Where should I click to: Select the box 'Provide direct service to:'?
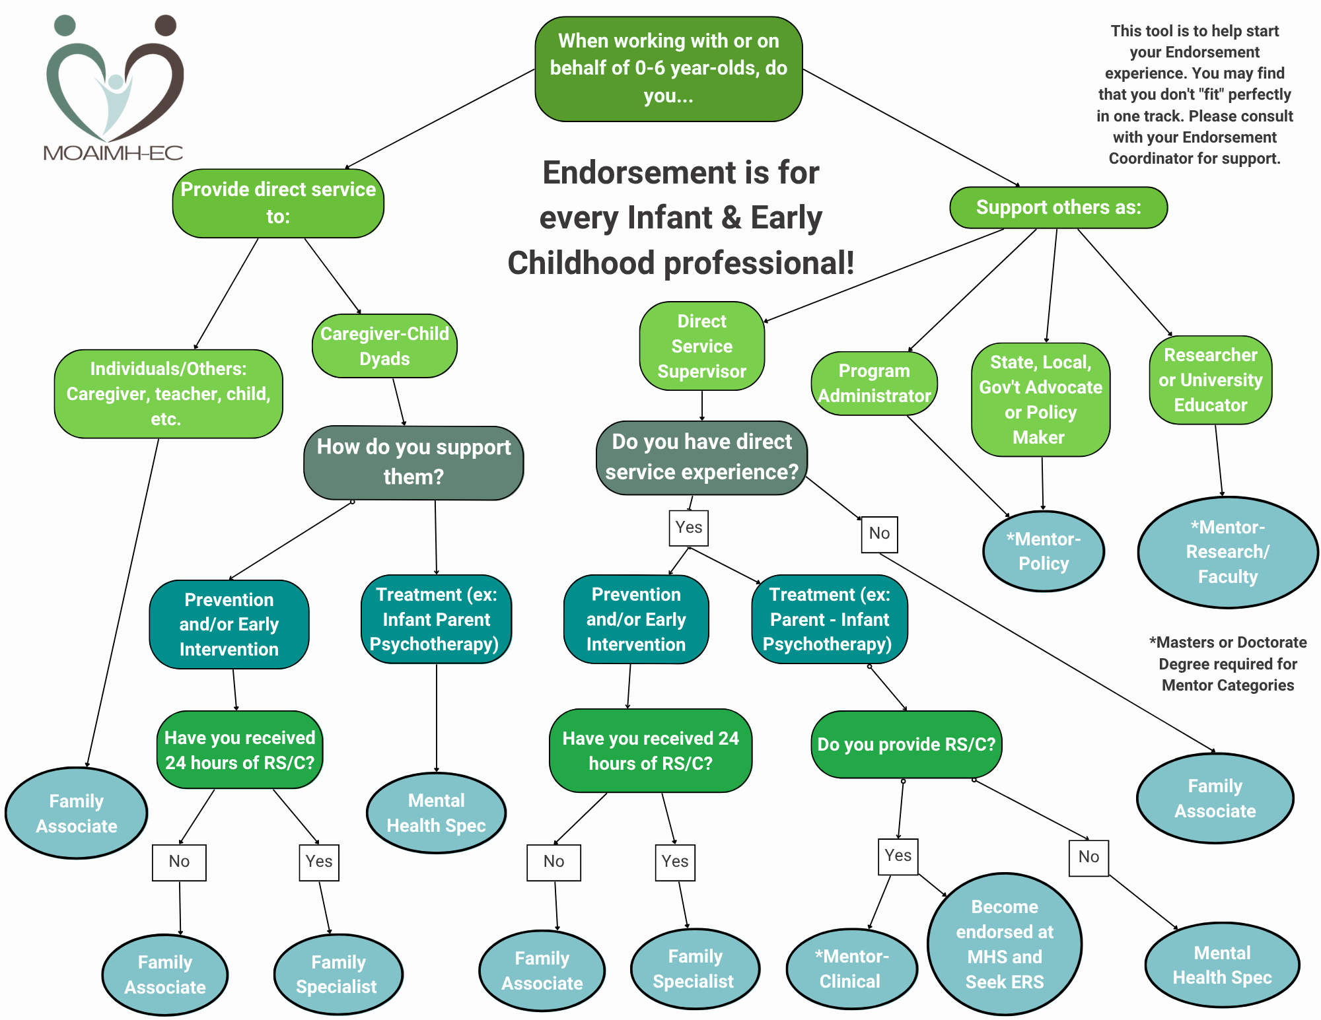tap(278, 203)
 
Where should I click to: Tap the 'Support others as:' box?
tap(1058, 207)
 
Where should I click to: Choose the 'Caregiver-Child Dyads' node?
tap(384, 346)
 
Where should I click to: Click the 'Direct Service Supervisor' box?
tap(701, 346)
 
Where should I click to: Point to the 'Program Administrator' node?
tap(874, 383)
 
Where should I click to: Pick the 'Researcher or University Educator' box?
tap(1210, 380)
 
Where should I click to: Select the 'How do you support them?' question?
tap(413, 462)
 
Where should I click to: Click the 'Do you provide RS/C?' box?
tap(906, 744)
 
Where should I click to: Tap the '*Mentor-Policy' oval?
tap(1043, 551)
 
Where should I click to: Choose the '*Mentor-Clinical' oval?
tap(851, 969)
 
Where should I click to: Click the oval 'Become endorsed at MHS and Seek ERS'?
tap(1004, 944)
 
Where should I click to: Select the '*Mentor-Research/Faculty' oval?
tap(1227, 552)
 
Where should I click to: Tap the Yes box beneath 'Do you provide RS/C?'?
tap(898, 856)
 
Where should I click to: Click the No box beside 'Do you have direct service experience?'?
tap(879, 533)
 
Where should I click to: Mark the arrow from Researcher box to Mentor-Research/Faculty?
tap(1219, 460)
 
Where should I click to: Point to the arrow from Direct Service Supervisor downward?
tap(702, 405)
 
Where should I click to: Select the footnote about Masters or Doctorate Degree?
tap(1227, 663)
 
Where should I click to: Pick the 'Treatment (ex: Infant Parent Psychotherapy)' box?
tap(436, 619)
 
